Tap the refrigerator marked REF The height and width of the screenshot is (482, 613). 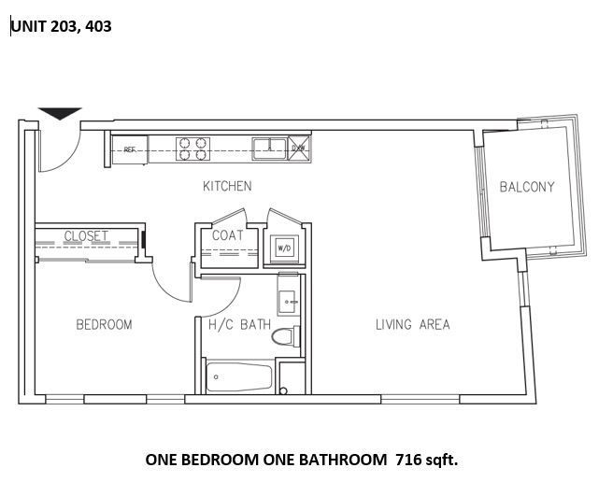[130, 149]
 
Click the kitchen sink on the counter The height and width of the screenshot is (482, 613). [270, 145]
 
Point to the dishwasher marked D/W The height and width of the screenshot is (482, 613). [299, 147]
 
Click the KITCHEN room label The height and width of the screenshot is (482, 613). [227, 186]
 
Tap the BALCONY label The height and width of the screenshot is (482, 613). [526, 186]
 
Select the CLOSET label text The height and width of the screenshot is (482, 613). [86, 235]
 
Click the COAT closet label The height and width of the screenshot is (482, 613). [227, 235]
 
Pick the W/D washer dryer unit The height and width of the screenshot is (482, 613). [283, 248]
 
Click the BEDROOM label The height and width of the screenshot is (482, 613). [104, 324]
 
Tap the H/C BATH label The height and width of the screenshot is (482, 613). [234, 324]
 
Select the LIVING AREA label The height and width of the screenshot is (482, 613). [412, 324]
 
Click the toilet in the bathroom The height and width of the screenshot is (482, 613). [284, 336]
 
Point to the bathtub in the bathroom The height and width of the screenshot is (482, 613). [239, 378]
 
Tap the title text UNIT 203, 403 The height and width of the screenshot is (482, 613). [61, 27]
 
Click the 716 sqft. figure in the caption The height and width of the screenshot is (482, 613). [428, 460]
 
